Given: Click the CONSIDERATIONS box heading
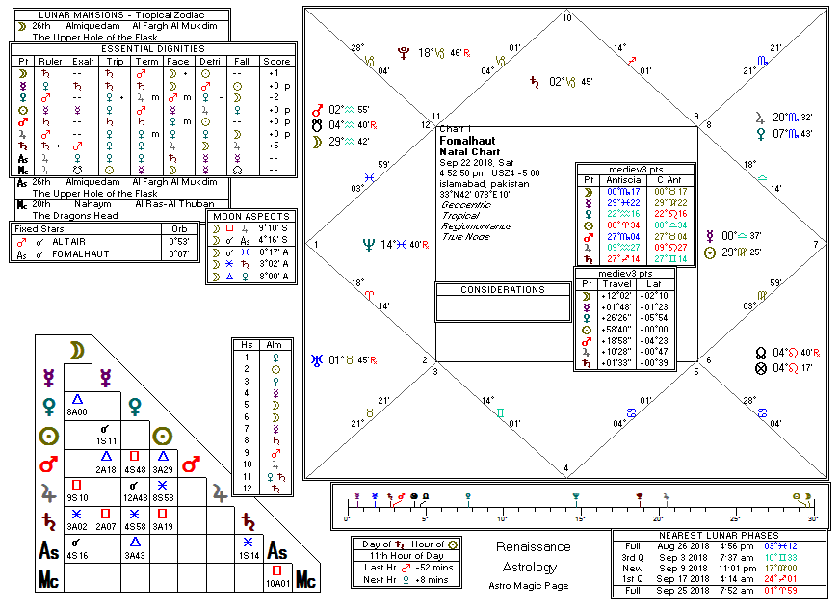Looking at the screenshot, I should tap(502, 289).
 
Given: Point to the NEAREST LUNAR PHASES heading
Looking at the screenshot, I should tap(720, 535).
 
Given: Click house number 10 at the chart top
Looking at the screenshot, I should tap(566, 18).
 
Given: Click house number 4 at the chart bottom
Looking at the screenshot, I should tap(566, 468).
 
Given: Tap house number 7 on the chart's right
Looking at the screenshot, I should tap(815, 245).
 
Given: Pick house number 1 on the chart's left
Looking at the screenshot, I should tap(317, 245).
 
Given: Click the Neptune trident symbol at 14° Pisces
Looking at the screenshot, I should tap(366, 245).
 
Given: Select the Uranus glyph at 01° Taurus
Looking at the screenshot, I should tap(317, 361).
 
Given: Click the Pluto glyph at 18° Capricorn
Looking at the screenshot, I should tap(402, 53).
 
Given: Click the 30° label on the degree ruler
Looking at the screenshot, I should tap(812, 519).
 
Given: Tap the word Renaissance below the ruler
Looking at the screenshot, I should tap(533, 547).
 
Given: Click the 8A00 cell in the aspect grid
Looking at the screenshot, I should tap(77, 411).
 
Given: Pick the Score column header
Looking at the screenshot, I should tap(276, 61).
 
